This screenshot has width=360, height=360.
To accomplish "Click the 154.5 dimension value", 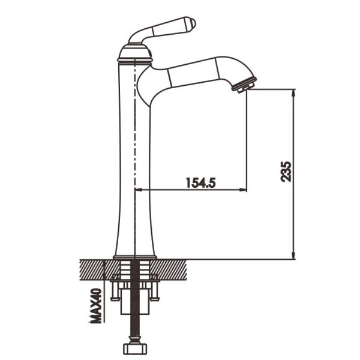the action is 200,182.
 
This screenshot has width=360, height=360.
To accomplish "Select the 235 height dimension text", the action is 286,172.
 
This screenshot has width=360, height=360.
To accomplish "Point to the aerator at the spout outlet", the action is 244,85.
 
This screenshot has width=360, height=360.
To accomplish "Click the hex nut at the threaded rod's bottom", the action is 135,349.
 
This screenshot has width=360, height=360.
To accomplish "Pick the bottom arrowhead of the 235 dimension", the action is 293,255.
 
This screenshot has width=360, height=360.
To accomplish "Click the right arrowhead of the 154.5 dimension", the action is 243,190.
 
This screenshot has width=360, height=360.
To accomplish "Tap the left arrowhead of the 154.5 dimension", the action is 139,190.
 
